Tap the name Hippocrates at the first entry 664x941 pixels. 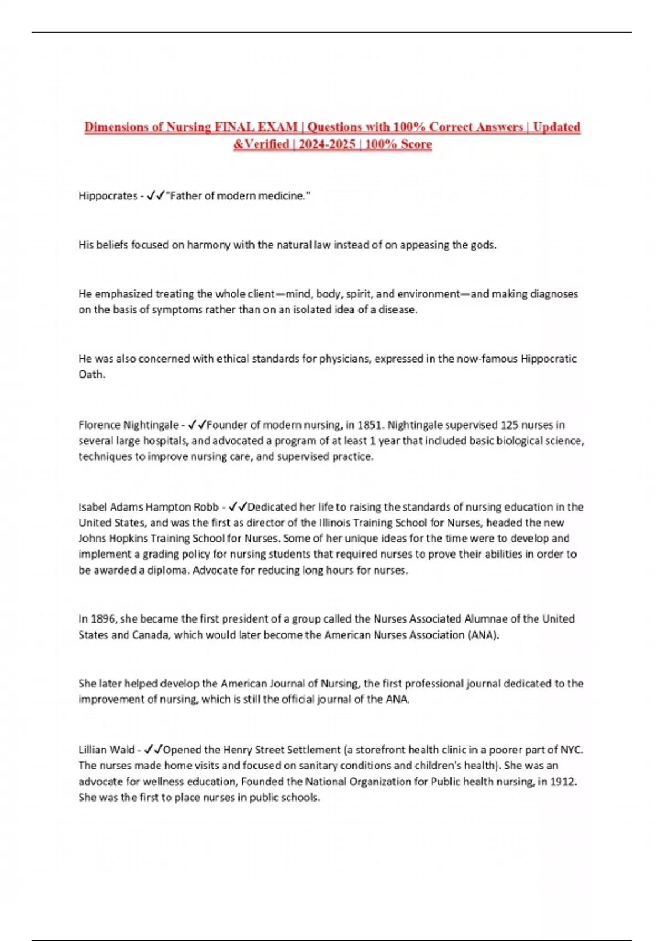[107, 196]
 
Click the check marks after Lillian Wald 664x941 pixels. [153, 750]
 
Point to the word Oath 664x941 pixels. [91, 374]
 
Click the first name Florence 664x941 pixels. [99, 425]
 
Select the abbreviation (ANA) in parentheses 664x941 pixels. [483, 635]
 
